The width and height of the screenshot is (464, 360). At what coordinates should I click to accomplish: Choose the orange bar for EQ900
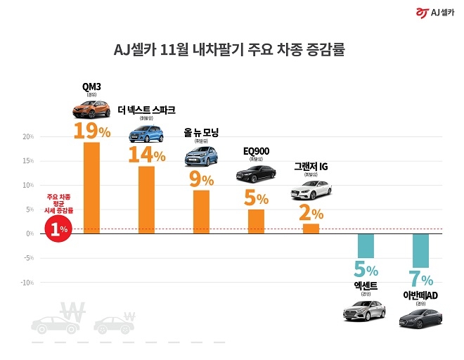pyautogui.click(x=256, y=221)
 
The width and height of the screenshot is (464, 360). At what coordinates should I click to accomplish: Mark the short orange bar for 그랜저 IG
pyautogui.click(x=311, y=229)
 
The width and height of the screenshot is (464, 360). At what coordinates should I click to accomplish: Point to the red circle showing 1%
pyautogui.click(x=59, y=229)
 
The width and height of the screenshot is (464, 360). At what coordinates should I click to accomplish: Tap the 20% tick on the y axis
pyautogui.click(x=27, y=136)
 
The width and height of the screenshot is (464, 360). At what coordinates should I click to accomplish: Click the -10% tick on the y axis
pyautogui.click(x=26, y=283)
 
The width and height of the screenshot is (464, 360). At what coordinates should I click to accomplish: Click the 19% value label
pyautogui.click(x=92, y=131)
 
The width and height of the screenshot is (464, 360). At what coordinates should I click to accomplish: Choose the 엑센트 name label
pyautogui.click(x=366, y=286)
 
